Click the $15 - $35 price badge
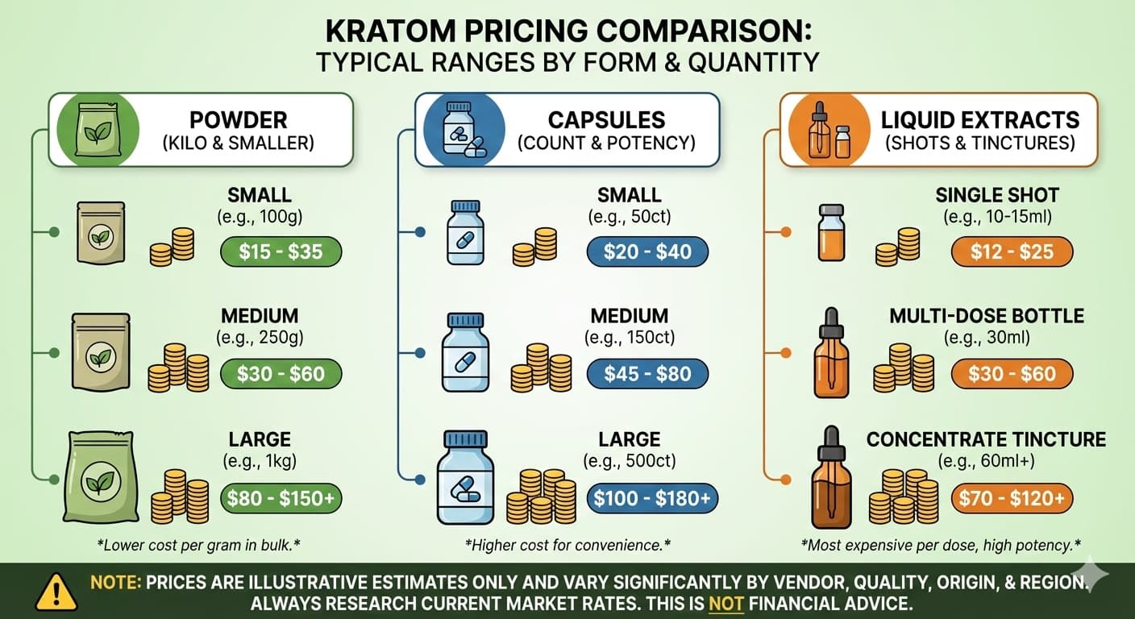[x=281, y=251]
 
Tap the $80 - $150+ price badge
[x=281, y=498]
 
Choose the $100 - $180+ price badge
[x=652, y=498]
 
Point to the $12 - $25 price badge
[x=1012, y=251]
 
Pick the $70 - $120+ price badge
[x=1012, y=498]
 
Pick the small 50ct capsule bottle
[x=466, y=234]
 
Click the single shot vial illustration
[x=830, y=233]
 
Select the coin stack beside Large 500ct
[x=541, y=496]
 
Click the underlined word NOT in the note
[x=725, y=604]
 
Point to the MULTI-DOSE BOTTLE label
[x=986, y=316]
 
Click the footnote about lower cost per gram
[x=198, y=545]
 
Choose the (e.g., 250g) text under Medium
[x=259, y=337]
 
